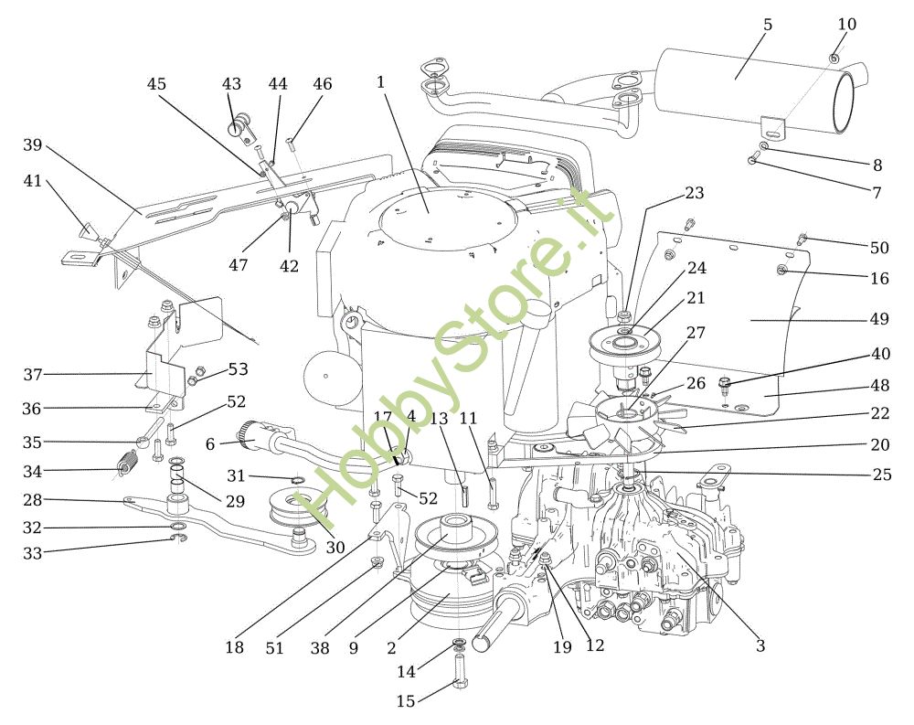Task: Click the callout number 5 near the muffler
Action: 768,25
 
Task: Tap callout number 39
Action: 33,144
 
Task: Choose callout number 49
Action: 879,319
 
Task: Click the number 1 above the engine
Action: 380,82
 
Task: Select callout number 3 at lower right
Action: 760,646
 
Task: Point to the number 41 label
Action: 33,181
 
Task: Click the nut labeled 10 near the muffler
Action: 834,58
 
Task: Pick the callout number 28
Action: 33,500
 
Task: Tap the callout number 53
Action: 238,369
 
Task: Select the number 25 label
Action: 882,474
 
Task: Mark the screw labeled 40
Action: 725,383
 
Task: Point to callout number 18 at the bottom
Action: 235,647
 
